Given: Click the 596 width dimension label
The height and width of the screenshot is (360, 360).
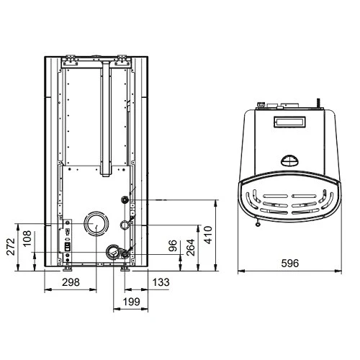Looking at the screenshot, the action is [x=290, y=264].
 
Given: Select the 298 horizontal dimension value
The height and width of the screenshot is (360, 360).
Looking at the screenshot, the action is [x=71, y=282].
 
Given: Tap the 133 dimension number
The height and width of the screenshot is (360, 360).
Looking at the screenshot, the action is [x=161, y=282].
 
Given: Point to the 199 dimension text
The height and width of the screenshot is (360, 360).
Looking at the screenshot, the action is [x=131, y=302].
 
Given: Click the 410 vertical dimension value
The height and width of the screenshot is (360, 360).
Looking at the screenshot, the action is [x=208, y=235].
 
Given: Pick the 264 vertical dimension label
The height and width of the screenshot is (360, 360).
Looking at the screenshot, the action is [x=190, y=248].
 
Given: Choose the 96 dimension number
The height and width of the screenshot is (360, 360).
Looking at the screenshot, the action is [x=173, y=246].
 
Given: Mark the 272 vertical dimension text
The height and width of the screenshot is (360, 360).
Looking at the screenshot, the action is [x=11, y=247].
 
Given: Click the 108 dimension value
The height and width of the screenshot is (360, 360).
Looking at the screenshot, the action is [x=27, y=238].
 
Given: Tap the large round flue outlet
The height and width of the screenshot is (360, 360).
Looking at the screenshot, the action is [x=96, y=223].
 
